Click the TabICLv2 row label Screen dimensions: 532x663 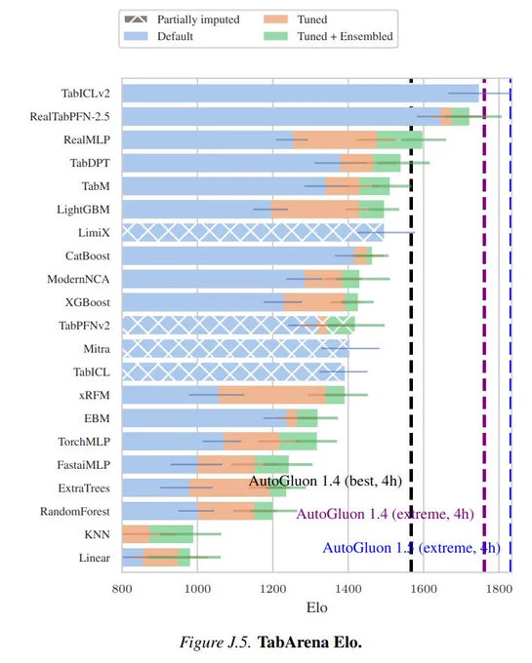[86, 94]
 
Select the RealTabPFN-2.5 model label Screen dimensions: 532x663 [70, 117]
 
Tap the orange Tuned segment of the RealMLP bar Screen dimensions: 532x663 [335, 139]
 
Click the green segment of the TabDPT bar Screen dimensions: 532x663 [387, 163]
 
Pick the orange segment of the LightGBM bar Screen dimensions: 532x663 [315, 210]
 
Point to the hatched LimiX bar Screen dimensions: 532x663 [253, 233]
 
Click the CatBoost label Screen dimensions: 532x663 [88, 256]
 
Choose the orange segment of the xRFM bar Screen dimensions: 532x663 [271, 395]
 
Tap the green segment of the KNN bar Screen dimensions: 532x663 [172, 534]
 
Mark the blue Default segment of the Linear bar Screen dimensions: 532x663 [133, 558]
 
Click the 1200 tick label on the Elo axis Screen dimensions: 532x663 [273, 589]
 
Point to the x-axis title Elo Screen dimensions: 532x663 [317, 608]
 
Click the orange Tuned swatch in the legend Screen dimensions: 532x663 [275, 19]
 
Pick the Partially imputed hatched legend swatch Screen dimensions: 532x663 [136, 19]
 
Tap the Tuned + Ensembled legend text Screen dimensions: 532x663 [345, 36]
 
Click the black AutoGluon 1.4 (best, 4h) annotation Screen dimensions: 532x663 [325, 482]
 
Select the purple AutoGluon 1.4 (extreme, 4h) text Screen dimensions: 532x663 [386, 514]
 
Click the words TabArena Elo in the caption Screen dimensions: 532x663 [309, 643]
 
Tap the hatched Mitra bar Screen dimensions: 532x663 [235, 349]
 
